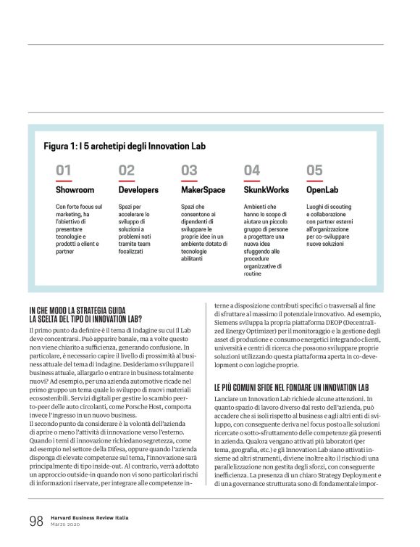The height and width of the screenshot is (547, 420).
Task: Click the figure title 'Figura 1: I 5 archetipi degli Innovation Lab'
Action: pos(125,145)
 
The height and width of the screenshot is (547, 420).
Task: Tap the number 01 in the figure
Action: pos(64,170)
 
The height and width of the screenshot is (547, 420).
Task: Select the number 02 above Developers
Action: pos(127,170)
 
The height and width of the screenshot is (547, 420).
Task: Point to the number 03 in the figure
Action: pos(189,170)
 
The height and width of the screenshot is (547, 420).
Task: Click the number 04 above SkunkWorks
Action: pos(252,170)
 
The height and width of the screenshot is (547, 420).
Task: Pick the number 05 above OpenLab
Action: pos(314,170)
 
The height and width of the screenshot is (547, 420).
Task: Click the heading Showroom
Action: pos(75,190)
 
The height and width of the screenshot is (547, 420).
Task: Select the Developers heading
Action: pos(138,190)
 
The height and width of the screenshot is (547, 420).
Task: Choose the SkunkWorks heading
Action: pos(266,190)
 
